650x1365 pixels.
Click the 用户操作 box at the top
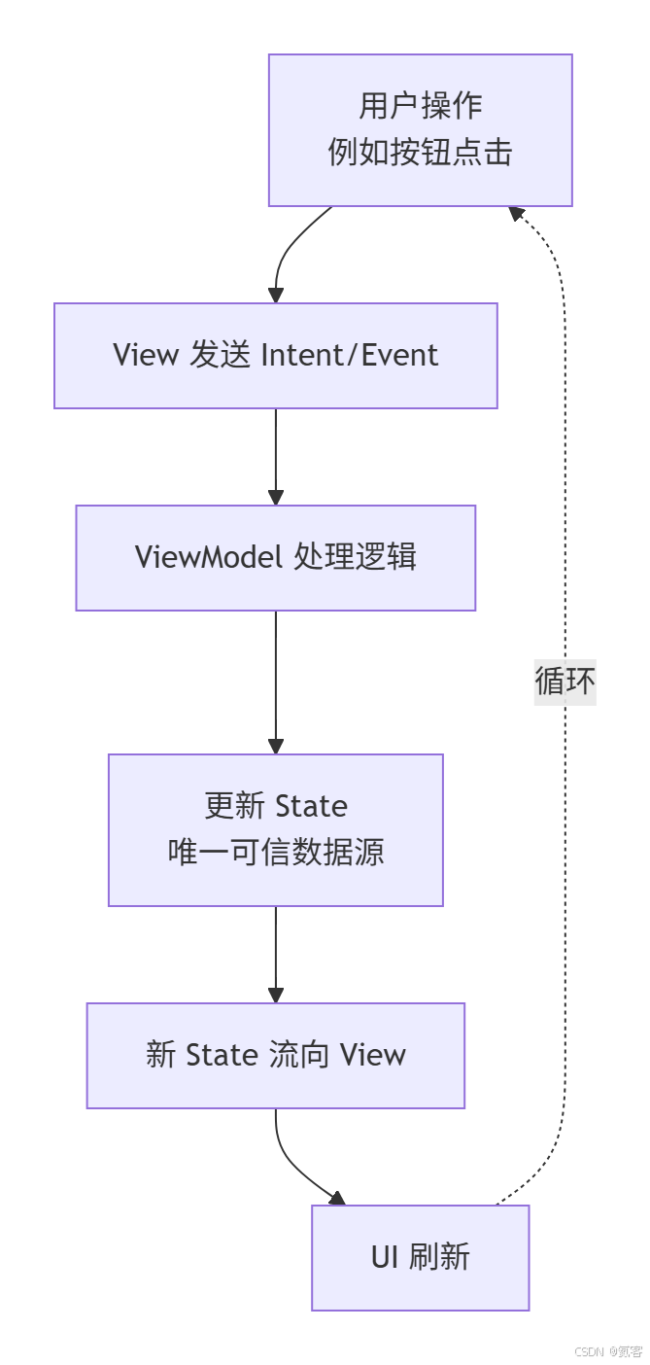(x=420, y=129)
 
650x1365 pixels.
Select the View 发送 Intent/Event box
(x=275, y=355)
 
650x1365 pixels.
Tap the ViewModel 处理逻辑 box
(x=275, y=557)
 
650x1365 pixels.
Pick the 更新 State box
(x=275, y=829)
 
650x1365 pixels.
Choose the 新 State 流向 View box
(x=275, y=1055)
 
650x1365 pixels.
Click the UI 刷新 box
(x=420, y=1257)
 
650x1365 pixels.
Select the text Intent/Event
(x=351, y=355)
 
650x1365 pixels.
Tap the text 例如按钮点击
(x=420, y=153)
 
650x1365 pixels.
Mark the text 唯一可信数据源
(x=275, y=853)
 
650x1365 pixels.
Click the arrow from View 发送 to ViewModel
(x=276, y=455)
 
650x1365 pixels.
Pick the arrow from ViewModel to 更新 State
(x=276, y=681)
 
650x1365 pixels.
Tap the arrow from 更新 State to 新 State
(x=276, y=953)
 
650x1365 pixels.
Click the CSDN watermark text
(x=607, y=1351)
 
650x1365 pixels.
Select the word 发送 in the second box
(x=218, y=355)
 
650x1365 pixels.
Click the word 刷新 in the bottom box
(x=440, y=1257)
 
